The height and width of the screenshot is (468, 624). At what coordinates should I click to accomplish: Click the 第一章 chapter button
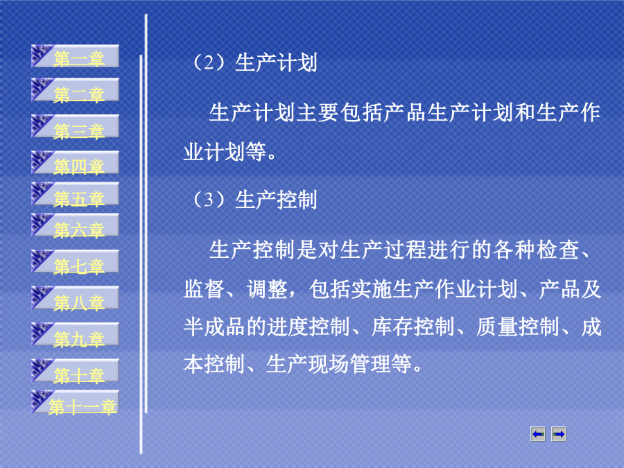75,56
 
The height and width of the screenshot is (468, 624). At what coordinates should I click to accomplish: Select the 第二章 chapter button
75,90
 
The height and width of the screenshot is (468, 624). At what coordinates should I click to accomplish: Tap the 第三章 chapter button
75,127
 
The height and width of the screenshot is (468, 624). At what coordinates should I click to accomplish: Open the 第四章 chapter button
75,162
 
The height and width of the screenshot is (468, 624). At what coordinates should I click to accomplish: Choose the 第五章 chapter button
75,194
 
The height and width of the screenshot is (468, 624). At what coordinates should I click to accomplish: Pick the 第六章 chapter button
75,225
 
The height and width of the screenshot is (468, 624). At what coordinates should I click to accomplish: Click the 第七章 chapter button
75,261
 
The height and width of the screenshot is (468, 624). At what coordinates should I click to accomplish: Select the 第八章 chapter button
75,297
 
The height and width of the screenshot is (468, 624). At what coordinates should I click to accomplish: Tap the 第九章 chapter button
75,334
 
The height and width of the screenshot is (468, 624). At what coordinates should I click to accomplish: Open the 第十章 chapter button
75,370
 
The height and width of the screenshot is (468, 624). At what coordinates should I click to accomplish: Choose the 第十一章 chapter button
75,402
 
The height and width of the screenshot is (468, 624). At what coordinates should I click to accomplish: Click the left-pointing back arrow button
538,434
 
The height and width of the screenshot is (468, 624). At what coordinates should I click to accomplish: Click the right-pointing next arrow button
559,434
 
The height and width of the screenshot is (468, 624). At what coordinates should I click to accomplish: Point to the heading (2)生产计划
254,63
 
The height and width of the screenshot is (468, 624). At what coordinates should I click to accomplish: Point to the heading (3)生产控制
254,200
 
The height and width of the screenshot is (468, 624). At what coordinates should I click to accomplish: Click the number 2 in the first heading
209,63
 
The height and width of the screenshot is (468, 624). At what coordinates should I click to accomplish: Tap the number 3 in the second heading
209,200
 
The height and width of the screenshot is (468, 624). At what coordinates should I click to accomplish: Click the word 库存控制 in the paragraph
413,327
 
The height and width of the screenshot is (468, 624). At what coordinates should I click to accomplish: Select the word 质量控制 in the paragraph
517,327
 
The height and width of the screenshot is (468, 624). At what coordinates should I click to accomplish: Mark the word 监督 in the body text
204,289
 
